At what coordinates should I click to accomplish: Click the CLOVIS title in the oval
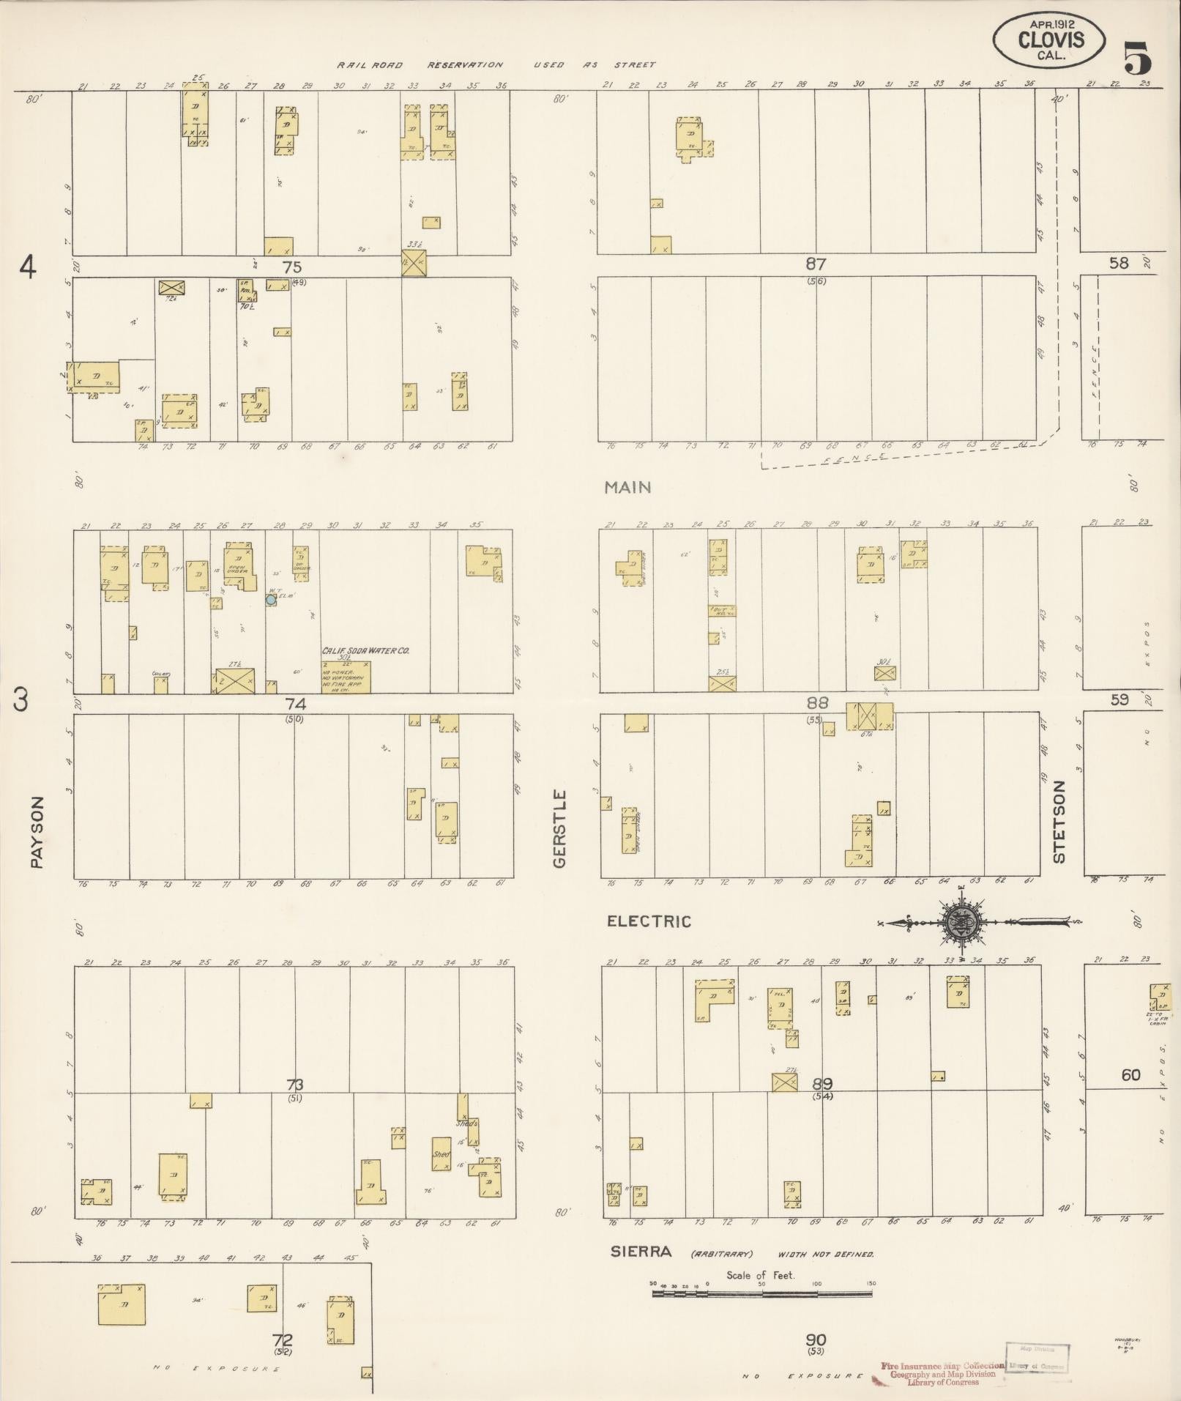point(1051,40)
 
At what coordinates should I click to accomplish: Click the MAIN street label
point(627,487)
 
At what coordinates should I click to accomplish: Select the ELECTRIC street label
point(649,921)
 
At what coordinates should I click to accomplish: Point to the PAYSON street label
point(38,833)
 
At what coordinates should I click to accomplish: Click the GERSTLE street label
point(560,828)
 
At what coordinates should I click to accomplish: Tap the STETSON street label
point(1059,821)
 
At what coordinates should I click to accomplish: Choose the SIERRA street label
point(641,1252)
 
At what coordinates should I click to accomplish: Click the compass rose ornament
point(960,923)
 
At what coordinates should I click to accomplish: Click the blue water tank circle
point(271,599)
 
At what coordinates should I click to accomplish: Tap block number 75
point(293,267)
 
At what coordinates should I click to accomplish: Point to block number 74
point(295,704)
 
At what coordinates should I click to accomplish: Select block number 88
point(817,703)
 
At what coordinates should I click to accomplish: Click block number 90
point(816,1340)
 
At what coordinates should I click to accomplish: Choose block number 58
point(1118,263)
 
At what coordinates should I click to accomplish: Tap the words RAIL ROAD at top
point(369,65)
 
